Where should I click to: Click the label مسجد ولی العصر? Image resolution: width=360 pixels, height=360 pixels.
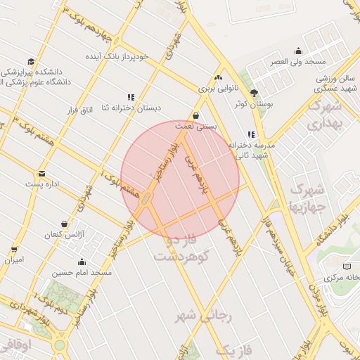[298, 62]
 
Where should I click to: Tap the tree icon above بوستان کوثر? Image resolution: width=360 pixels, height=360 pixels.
[254, 93]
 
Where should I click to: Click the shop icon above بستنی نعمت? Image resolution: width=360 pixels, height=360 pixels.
[195, 115]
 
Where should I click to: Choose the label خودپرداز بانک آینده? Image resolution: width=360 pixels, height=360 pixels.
[114, 55]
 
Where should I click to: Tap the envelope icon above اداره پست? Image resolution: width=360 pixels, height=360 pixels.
[42, 173]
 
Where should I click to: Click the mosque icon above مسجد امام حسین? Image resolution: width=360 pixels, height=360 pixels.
[82, 262]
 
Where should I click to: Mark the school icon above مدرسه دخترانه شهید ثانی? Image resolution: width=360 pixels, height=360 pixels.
[251, 134]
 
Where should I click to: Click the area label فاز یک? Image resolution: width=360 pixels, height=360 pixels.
[232, 349]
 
